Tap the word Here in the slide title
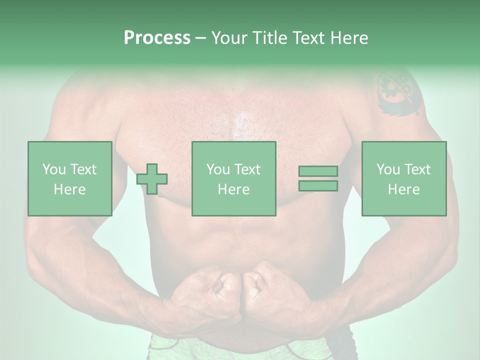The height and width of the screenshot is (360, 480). [x=348, y=38]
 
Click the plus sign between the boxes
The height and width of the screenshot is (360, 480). [x=152, y=179]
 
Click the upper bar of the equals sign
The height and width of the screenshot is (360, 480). [x=318, y=171]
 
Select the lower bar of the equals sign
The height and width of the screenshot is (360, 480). [x=318, y=186]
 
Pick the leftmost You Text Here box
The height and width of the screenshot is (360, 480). [x=70, y=178]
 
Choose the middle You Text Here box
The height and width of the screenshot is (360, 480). [x=233, y=178]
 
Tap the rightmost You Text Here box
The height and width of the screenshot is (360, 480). [x=403, y=178]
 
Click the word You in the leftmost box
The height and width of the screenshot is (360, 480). [x=53, y=169]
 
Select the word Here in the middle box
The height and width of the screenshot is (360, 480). [x=233, y=189]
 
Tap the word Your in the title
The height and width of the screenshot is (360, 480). [x=227, y=38]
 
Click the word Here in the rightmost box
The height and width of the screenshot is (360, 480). [x=403, y=189]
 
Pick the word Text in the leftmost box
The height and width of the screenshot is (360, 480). [x=83, y=169]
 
